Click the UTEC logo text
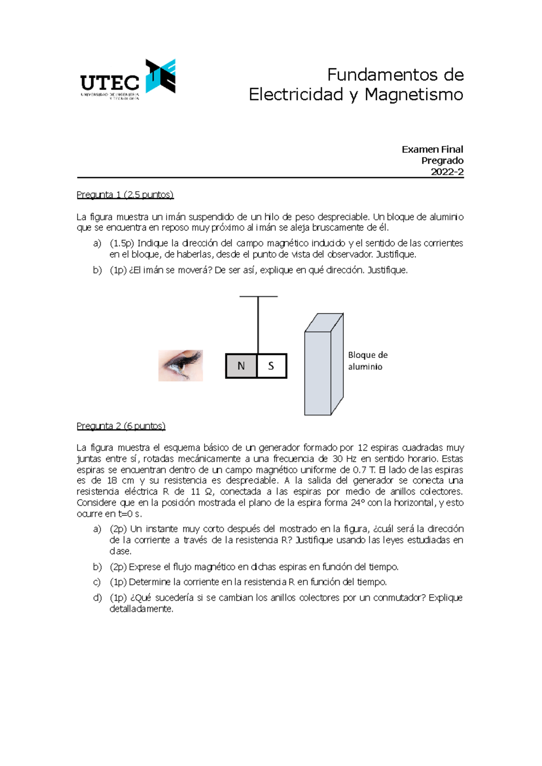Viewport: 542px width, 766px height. [110, 83]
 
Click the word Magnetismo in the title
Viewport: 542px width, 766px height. [414, 95]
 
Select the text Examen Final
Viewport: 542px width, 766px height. [432, 149]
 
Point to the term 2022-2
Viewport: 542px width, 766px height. [447, 172]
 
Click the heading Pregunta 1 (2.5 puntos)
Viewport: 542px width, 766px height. [125, 194]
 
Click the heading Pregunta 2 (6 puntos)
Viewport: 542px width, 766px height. [121, 426]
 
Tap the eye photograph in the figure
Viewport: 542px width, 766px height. [181, 365]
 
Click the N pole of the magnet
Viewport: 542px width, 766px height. [241, 366]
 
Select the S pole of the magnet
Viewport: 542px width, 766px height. [271, 366]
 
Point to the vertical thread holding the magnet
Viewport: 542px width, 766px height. [258, 325]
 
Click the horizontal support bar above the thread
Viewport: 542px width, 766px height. [258, 297]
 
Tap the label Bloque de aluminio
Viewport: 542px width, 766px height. [367, 360]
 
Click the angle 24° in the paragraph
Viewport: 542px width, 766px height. [357, 502]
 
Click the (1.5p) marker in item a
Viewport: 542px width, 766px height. [122, 243]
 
